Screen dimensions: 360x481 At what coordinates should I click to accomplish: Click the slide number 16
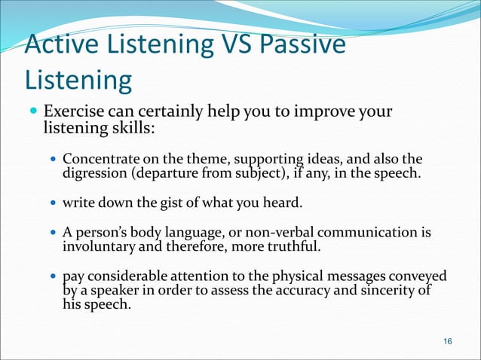(x=448, y=342)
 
